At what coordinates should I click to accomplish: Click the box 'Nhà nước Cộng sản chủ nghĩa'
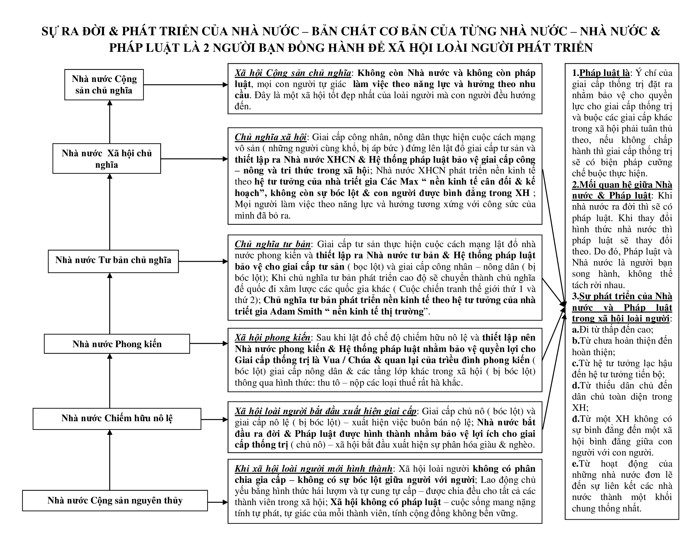(x=104, y=84)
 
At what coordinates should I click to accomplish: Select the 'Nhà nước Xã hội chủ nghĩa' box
(x=106, y=159)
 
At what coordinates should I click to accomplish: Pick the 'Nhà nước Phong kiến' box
(x=117, y=344)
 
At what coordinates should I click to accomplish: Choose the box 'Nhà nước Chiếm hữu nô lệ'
(x=117, y=418)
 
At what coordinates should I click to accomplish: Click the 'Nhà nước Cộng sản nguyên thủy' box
(x=115, y=500)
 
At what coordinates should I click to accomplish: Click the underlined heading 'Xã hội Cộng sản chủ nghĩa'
(x=293, y=73)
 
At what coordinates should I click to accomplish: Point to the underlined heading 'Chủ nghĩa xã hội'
(x=271, y=137)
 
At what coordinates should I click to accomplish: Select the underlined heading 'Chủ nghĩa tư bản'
(x=273, y=244)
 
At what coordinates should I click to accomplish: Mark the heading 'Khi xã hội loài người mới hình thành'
(x=313, y=469)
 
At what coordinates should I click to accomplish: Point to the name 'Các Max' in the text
(x=399, y=182)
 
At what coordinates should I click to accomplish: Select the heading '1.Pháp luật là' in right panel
(x=601, y=73)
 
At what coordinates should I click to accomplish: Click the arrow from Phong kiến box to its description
(x=209, y=344)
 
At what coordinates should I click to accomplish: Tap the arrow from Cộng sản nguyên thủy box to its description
(x=218, y=502)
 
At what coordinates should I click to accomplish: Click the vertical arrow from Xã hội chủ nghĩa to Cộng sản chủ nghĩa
(x=110, y=122)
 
